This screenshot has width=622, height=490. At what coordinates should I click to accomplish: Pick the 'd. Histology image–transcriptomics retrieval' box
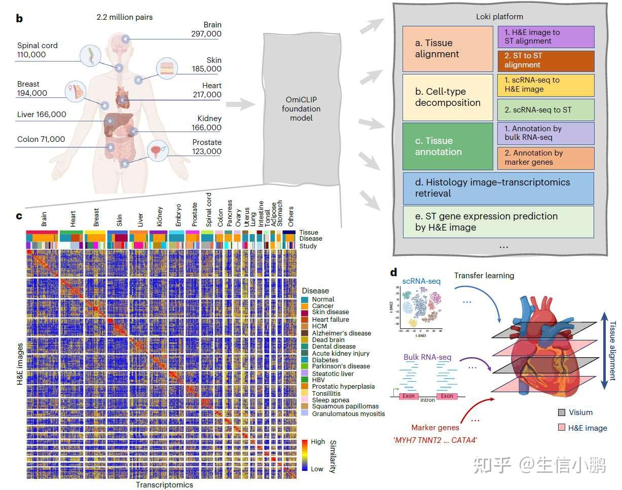498,187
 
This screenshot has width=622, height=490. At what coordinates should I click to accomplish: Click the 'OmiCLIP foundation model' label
303,109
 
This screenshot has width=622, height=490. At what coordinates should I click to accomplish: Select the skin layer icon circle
167,69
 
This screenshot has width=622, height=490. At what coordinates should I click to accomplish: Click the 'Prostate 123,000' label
206,147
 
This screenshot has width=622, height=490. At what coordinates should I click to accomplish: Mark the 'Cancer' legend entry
322,306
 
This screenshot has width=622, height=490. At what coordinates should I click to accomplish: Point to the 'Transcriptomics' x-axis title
164,484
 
